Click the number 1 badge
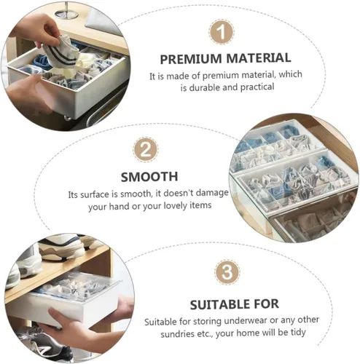[222, 32]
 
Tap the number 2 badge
[146, 150]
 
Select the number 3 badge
[227, 272]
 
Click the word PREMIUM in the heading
[191, 59]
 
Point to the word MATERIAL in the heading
[259, 58]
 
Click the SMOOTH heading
[149, 177]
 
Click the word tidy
[298, 332]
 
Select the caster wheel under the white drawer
[68, 118]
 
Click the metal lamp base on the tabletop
[66, 12]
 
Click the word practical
[257, 87]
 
